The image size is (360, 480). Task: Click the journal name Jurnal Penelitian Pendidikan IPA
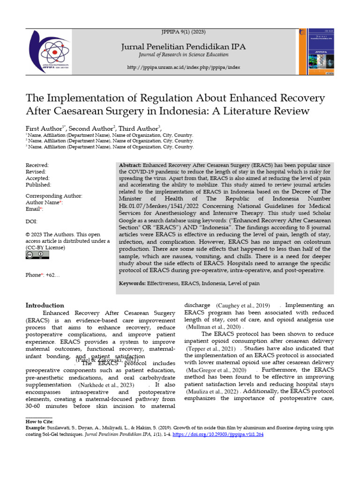coord(183,46)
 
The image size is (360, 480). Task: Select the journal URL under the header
coord(184,67)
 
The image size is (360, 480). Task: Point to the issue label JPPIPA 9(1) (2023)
coord(183,32)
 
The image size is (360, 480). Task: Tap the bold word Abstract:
coord(130,165)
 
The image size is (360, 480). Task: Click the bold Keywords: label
coord(133,284)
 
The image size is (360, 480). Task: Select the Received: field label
coord(37,165)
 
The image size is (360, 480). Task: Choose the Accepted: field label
coord(37,179)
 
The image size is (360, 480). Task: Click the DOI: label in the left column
coord(31,222)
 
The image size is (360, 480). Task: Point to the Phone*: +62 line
coord(43,275)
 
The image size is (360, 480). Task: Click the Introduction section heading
coord(45,305)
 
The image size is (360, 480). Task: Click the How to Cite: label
coord(39,422)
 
